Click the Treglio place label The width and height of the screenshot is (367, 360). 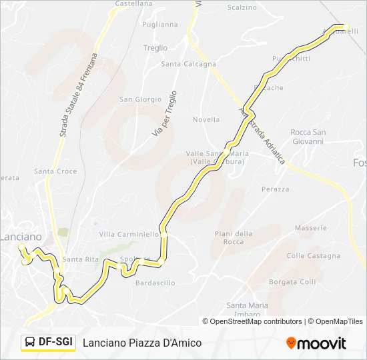tap(155, 48)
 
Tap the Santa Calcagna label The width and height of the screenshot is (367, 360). tap(189, 65)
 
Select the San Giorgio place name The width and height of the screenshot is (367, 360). tap(140, 99)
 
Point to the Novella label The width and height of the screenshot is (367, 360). tap(206, 120)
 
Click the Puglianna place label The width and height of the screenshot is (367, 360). tap(160, 25)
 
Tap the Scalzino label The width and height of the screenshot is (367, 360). tap(242, 8)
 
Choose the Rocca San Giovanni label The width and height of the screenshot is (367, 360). tap(308, 137)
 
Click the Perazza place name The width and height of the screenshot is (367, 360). tap(276, 189)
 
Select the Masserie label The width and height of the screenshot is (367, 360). tap(311, 228)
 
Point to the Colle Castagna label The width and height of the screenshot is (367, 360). tap(313, 256)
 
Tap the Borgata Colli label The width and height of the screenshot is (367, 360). tap(292, 282)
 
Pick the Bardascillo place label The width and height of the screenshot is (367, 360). tap(155, 283)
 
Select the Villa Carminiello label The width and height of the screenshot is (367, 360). tap(129, 235)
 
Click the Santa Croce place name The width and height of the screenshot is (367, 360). tap(55, 171)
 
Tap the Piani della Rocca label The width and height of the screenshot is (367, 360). tap(234, 237)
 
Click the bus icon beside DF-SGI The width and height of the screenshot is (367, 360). tap(31, 343)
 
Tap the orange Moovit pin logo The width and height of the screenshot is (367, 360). tap(291, 343)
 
